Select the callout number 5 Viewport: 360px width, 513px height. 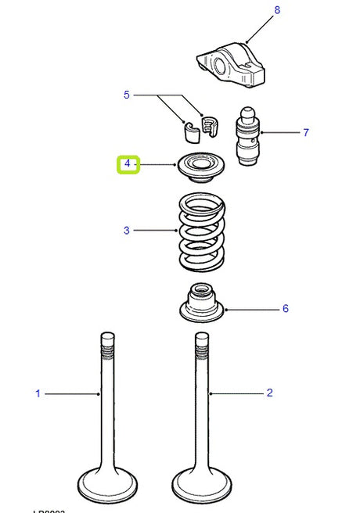tap(126, 95)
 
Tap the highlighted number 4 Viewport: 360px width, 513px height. tap(128, 165)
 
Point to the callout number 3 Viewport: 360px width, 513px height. tap(126, 231)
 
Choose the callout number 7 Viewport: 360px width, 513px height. tap(306, 132)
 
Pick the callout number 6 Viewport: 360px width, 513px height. tap(285, 309)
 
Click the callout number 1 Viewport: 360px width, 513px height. tap(37, 393)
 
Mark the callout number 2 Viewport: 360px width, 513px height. tap(269, 393)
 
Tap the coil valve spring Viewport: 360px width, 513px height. tap(202, 233)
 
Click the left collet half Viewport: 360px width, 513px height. tap(190, 130)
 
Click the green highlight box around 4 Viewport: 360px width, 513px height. tap(128, 165)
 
